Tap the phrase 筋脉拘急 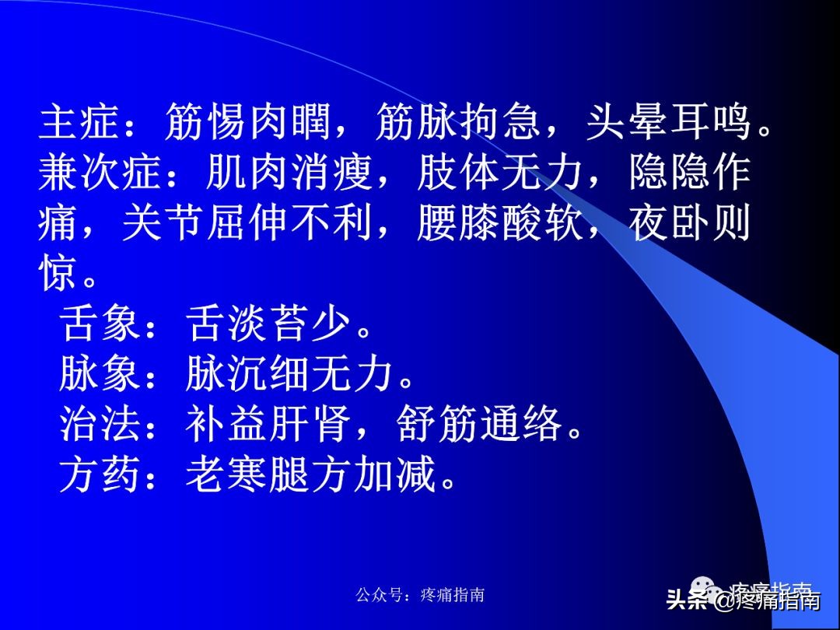coord(459,124)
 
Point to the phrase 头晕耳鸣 coord(669,124)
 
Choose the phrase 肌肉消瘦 coord(291,173)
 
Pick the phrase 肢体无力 coord(501,173)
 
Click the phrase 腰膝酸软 coord(501,223)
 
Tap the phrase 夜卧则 coord(691,223)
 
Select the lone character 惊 coord(59,273)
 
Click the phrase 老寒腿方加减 coord(311,474)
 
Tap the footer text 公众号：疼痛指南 coord(420,595)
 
